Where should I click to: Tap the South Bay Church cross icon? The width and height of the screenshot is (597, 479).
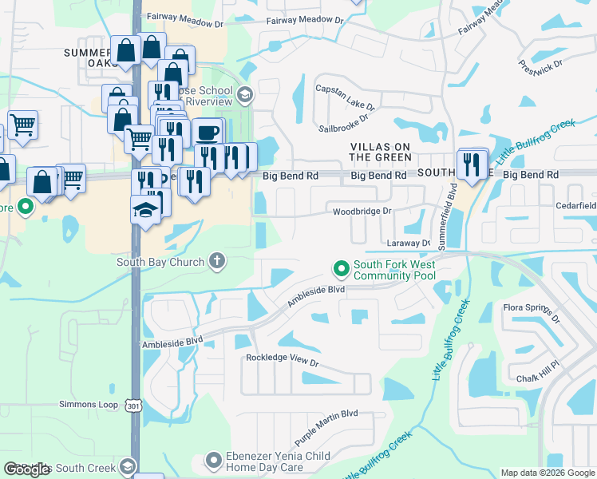pyautogui.click(x=216, y=260)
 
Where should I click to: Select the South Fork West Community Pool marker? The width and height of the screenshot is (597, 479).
pyautogui.click(x=342, y=268)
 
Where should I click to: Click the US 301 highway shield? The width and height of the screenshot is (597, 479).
pyautogui.click(x=132, y=406)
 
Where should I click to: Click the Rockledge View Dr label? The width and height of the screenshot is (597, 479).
pyautogui.click(x=282, y=361)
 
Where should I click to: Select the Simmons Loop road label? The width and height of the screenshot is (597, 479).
pyautogui.click(x=88, y=405)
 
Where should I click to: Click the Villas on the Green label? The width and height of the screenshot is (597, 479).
pyautogui.click(x=381, y=152)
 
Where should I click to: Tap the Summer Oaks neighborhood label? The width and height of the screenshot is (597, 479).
pyautogui.click(x=90, y=57)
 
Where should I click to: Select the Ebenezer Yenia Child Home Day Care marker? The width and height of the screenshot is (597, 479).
pyautogui.click(x=213, y=460)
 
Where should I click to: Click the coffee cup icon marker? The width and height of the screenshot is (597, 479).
pyautogui.click(x=208, y=133)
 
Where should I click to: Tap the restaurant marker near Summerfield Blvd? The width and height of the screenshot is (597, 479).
pyautogui.click(x=472, y=164)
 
